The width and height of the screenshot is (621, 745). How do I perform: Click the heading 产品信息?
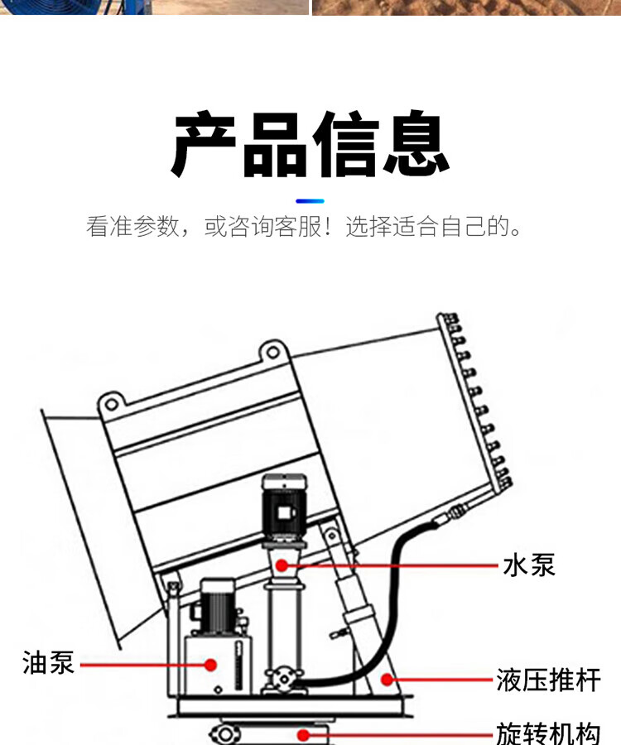[x=310, y=145]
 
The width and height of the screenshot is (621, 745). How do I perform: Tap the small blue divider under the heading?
[x=310, y=200]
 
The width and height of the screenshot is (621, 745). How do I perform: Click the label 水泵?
[x=529, y=565]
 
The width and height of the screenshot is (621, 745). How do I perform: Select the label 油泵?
[x=49, y=663]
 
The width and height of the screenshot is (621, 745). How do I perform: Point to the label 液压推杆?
[x=548, y=680]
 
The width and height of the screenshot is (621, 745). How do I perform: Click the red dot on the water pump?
[x=282, y=565]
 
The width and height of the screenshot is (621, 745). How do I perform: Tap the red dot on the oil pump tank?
[x=211, y=664]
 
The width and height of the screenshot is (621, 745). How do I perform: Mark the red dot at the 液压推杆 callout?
[x=386, y=680]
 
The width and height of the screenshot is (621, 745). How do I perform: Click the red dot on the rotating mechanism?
[x=304, y=733]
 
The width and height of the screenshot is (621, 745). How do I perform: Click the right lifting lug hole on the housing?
[x=271, y=352]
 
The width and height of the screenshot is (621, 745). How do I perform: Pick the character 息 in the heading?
[x=416, y=145]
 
